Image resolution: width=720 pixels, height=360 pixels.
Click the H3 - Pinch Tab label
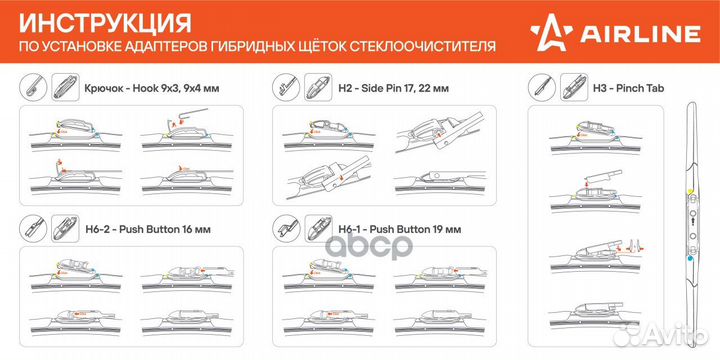(x=628, y=87)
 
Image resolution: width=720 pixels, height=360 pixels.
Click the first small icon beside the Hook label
(x=32, y=87)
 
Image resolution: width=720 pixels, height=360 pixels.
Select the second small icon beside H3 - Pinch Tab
(x=575, y=87)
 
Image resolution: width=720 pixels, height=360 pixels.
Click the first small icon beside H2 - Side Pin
(x=287, y=87)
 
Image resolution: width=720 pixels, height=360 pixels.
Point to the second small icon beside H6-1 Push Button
(x=318, y=228)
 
